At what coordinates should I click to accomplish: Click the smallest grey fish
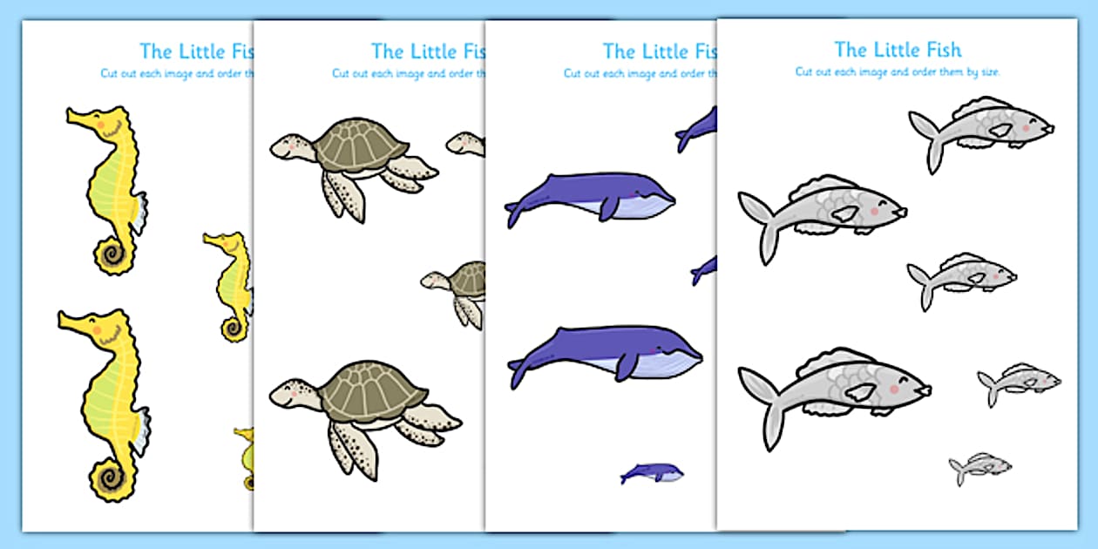pyautogui.click(x=980, y=467)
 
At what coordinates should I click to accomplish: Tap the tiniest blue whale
pyautogui.click(x=652, y=472)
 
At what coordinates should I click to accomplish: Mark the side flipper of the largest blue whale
pyautogui.click(x=624, y=366)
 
